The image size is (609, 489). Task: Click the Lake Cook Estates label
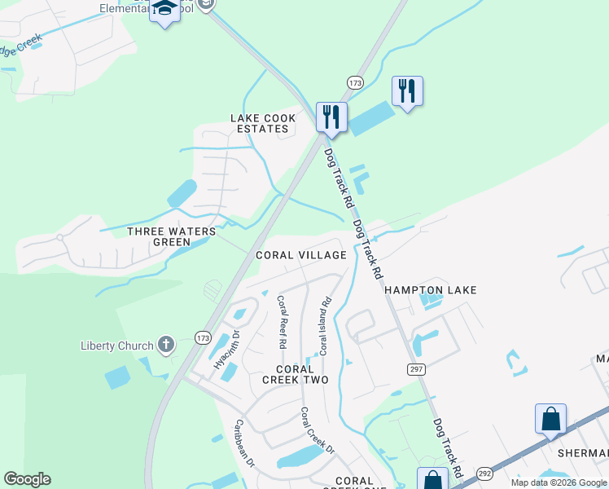(x=263, y=124)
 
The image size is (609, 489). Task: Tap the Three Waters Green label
(x=172, y=236)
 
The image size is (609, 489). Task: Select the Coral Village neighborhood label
(x=301, y=255)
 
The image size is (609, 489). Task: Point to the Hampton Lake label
(x=430, y=290)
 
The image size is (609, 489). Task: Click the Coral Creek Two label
(x=295, y=375)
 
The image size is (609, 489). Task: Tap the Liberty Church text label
(x=116, y=346)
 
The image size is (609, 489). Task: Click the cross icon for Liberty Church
(x=166, y=345)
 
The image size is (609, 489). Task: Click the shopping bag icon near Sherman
(x=550, y=419)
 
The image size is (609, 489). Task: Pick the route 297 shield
(x=417, y=369)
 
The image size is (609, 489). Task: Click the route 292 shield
(x=484, y=474)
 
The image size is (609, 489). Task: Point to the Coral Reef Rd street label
(x=282, y=322)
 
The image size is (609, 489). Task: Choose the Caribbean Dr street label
(x=245, y=443)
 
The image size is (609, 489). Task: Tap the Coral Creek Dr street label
(x=318, y=430)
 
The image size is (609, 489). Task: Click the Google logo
(x=27, y=479)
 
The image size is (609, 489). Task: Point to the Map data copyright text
(x=559, y=482)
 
